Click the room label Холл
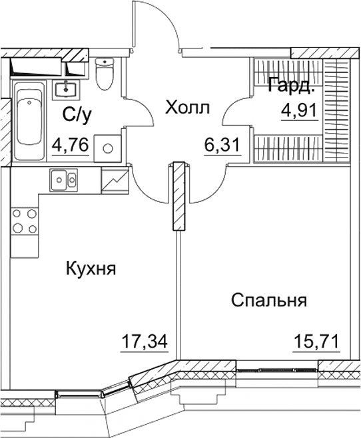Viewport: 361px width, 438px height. click(187, 107)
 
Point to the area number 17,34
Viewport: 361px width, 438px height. click(143, 342)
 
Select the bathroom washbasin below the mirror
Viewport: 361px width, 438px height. click(66, 88)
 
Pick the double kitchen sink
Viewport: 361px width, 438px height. click(65, 178)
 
